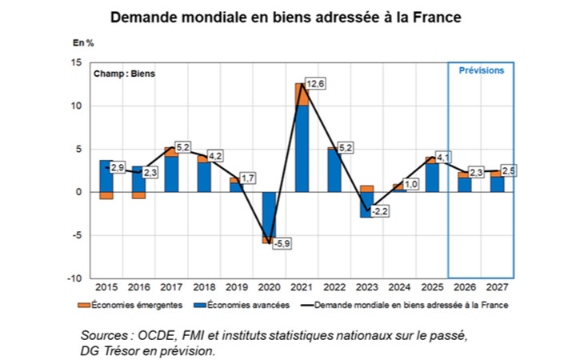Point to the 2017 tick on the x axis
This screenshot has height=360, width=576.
point(170,286)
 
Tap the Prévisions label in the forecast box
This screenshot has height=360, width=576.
point(481,71)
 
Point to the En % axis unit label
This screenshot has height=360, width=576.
point(82,42)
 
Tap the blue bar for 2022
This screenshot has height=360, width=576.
point(333,170)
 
